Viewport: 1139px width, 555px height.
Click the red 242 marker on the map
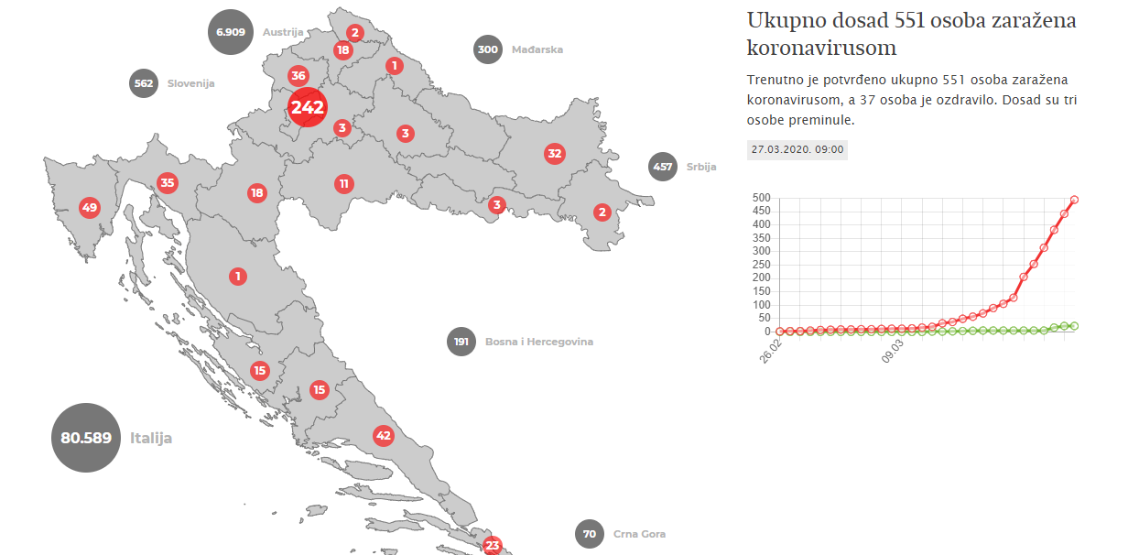pos(308,108)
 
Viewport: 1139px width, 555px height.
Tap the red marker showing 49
pos(89,207)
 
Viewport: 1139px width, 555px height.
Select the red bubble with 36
pos(298,76)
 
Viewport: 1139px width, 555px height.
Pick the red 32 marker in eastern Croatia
pos(554,153)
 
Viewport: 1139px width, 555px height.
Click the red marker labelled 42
pos(384,435)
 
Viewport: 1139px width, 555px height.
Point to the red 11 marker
pos(343,183)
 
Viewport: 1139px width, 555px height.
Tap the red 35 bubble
pos(167,182)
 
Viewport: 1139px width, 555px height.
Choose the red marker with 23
pos(493,546)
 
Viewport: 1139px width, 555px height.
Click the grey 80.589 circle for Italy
pos(86,438)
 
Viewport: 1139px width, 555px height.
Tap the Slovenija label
pos(190,83)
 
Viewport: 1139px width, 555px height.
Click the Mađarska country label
pos(537,50)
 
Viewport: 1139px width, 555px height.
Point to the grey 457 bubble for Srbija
pos(662,167)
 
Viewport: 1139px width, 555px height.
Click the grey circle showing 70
pos(590,534)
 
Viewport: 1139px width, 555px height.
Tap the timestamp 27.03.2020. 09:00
pos(797,149)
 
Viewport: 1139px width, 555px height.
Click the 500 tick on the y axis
pos(762,198)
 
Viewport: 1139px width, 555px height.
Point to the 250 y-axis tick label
pos(762,264)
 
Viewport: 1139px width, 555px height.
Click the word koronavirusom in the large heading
pos(821,48)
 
